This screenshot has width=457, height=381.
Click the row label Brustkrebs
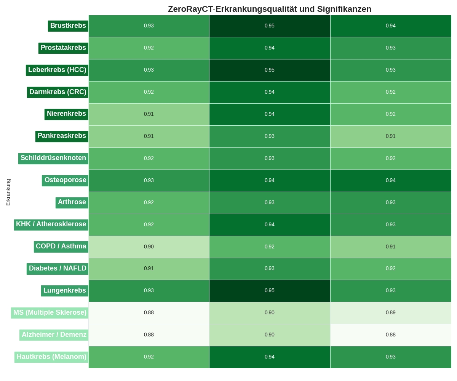tap(68, 26)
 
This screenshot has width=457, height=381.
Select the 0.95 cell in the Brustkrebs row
tap(270, 26)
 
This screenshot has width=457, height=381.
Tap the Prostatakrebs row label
tap(63, 48)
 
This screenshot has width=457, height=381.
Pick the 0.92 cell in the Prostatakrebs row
tap(149, 48)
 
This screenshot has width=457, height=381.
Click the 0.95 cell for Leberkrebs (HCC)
tap(270, 70)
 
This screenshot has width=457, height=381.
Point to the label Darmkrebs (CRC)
tap(58, 92)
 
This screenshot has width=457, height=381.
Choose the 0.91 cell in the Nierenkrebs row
tap(149, 114)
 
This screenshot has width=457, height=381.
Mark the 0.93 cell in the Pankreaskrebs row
tap(270, 136)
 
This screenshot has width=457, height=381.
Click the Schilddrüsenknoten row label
tap(53, 158)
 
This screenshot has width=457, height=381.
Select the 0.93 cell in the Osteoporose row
tap(149, 181)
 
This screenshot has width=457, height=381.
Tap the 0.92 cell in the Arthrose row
tap(149, 203)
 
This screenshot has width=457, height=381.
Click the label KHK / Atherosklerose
tap(51, 224)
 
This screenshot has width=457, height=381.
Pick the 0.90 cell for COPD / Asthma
tap(149, 247)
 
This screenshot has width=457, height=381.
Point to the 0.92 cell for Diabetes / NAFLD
tap(391, 269)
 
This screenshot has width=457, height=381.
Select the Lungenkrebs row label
tap(65, 291)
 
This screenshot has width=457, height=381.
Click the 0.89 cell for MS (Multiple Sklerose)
tap(391, 313)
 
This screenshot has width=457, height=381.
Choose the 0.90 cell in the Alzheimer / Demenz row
tap(270, 335)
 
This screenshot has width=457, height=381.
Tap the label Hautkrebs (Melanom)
tap(51, 357)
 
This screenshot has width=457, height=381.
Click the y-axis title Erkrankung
tap(8, 192)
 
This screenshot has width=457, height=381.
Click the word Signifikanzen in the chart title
tap(344, 9)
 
